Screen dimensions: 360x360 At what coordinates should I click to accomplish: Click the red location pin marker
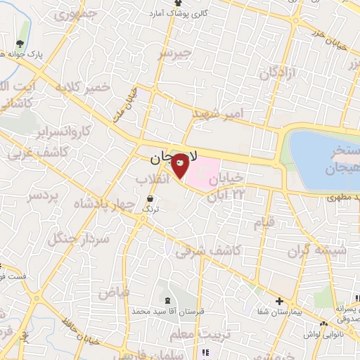(x=181, y=165)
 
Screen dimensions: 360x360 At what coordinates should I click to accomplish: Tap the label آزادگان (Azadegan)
(x=279, y=72)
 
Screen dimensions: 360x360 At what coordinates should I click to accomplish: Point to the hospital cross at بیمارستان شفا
(x=281, y=300)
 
